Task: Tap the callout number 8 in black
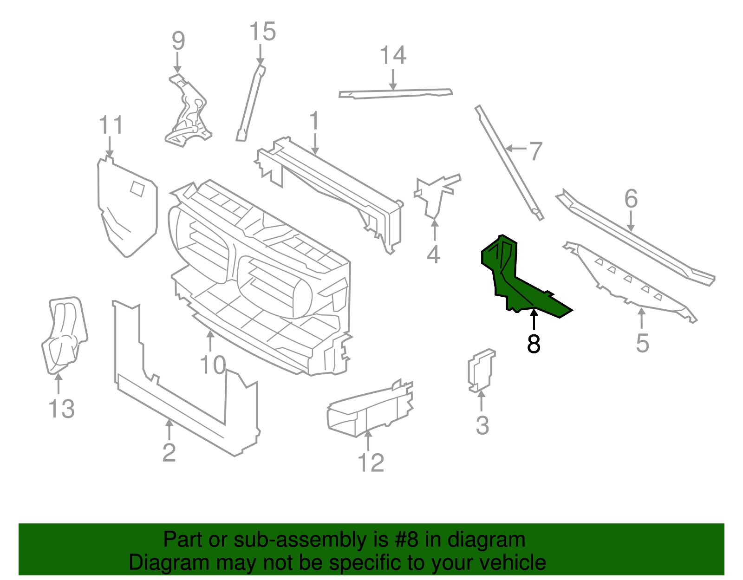pyautogui.click(x=534, y=344)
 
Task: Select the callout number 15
pyautogui.click(x=262, y=32)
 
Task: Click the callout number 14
pyautogui.click(x=393, y=55)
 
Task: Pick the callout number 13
pyautogui.click(x=61, y=409)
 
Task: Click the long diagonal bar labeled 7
pyautogui.click(x=508, y=163)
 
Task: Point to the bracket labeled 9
pyautogui.click(x=188, y=111)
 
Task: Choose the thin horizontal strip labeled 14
pyautogui.click(x=395, y=93)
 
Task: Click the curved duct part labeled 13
pyautogui.click(x=64, y=334)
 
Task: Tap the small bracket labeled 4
pyautogui.click(x=434, y=195)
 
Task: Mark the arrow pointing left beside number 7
pyautogui.click(x=515, y=149)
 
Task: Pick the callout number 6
pyautogui.click(x=631, y=199)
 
